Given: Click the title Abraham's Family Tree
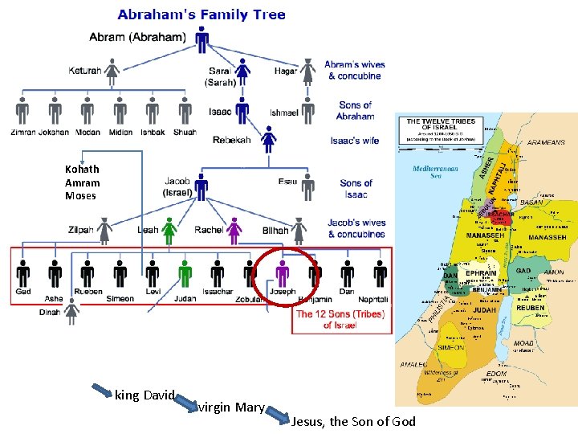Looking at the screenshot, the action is (x=201, y=14).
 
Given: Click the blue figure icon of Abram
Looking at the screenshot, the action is (x=202, y=38).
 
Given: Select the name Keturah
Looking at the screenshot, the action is (x=85, y=71).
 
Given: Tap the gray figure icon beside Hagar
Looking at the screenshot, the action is (x=308, y=72).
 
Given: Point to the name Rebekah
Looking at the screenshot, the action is (x=232, y=140).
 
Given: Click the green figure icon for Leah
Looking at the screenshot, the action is (x=169, y=231).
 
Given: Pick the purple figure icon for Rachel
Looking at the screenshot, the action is (x=234, y=231).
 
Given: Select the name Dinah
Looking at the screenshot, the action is (x=50, y=313).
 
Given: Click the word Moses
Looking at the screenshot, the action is (x=80, y=195).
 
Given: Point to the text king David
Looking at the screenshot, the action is (x=144, y=395).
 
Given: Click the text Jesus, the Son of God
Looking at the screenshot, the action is (x=354, y=421).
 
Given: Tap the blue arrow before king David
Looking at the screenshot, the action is (x=102, y=392).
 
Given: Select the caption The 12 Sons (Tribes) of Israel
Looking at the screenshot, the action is (x=340, y=319).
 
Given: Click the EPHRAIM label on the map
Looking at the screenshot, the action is (x=481, y=273).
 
